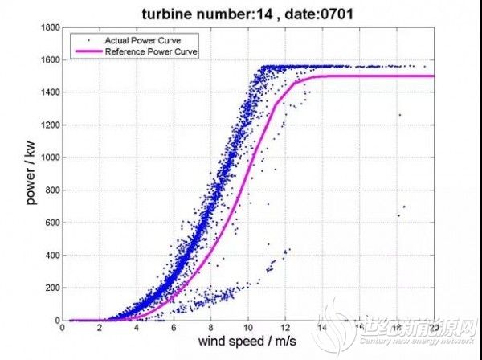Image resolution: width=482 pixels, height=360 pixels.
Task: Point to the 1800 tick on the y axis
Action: pos(49,27)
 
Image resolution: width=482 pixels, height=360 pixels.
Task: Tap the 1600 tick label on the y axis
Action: pos(49,59)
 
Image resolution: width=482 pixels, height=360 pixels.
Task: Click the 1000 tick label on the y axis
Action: pos(49,157)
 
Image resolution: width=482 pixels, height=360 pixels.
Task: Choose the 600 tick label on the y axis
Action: pos(51,223)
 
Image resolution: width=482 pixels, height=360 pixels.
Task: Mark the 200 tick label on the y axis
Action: pos(51,288)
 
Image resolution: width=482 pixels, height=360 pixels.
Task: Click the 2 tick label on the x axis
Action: pos(100,328)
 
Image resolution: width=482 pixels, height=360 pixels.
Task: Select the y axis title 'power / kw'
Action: pos(31,174)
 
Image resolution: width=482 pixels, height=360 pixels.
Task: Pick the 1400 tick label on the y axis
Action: pos(49,92)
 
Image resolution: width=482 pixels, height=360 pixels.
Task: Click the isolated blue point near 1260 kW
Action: pos(399,115)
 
